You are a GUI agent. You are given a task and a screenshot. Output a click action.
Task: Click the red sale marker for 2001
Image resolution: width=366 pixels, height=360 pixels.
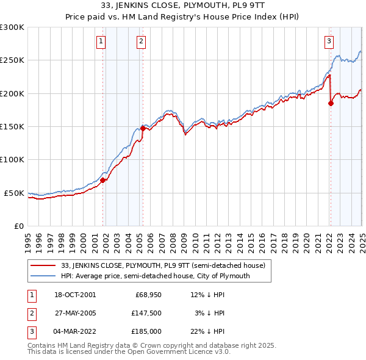pyautogui.click(x=103, y=180)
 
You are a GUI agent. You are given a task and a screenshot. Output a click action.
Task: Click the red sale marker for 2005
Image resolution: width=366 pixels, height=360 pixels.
pyautogui.click(x=143, y=128)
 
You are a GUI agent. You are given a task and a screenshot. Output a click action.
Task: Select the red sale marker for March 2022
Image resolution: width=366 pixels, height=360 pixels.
pyautogui.click(x=331, y=103)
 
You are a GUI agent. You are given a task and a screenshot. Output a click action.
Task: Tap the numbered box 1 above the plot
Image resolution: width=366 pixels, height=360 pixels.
pyautogui.click(x=101, y=41)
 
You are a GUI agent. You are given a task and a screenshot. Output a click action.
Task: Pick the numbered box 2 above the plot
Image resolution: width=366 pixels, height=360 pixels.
pyautogui.click(x=141, y=41)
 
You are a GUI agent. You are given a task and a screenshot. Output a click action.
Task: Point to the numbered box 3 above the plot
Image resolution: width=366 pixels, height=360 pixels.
pyautogui.click(x=329, y=41)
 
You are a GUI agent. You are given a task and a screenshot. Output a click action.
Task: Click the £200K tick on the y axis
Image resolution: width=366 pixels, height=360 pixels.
pyautogui.click(x=12, y=93)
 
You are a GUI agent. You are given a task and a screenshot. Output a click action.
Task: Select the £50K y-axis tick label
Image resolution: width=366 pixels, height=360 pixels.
pyautogui.click(x=15, y=193)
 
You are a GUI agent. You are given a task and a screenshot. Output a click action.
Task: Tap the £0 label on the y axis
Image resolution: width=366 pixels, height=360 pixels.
pyautogui.click(x=18, y=226)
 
